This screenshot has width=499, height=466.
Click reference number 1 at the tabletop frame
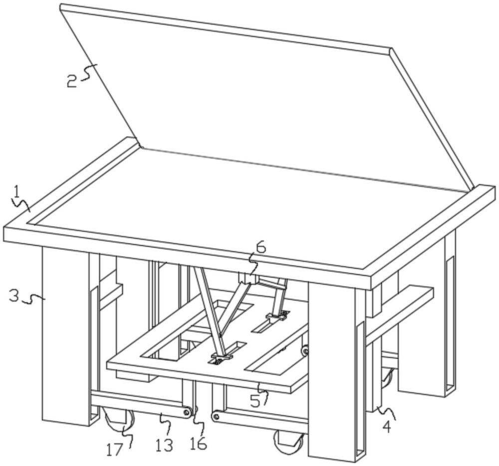[x=16, y=191]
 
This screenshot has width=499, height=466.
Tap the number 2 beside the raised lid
[x=72, y=80]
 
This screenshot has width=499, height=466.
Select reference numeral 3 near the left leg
[x=14, y=295]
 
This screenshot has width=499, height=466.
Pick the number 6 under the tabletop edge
[x=261, y=247]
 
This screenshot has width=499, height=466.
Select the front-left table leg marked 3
[x=65, y=335]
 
